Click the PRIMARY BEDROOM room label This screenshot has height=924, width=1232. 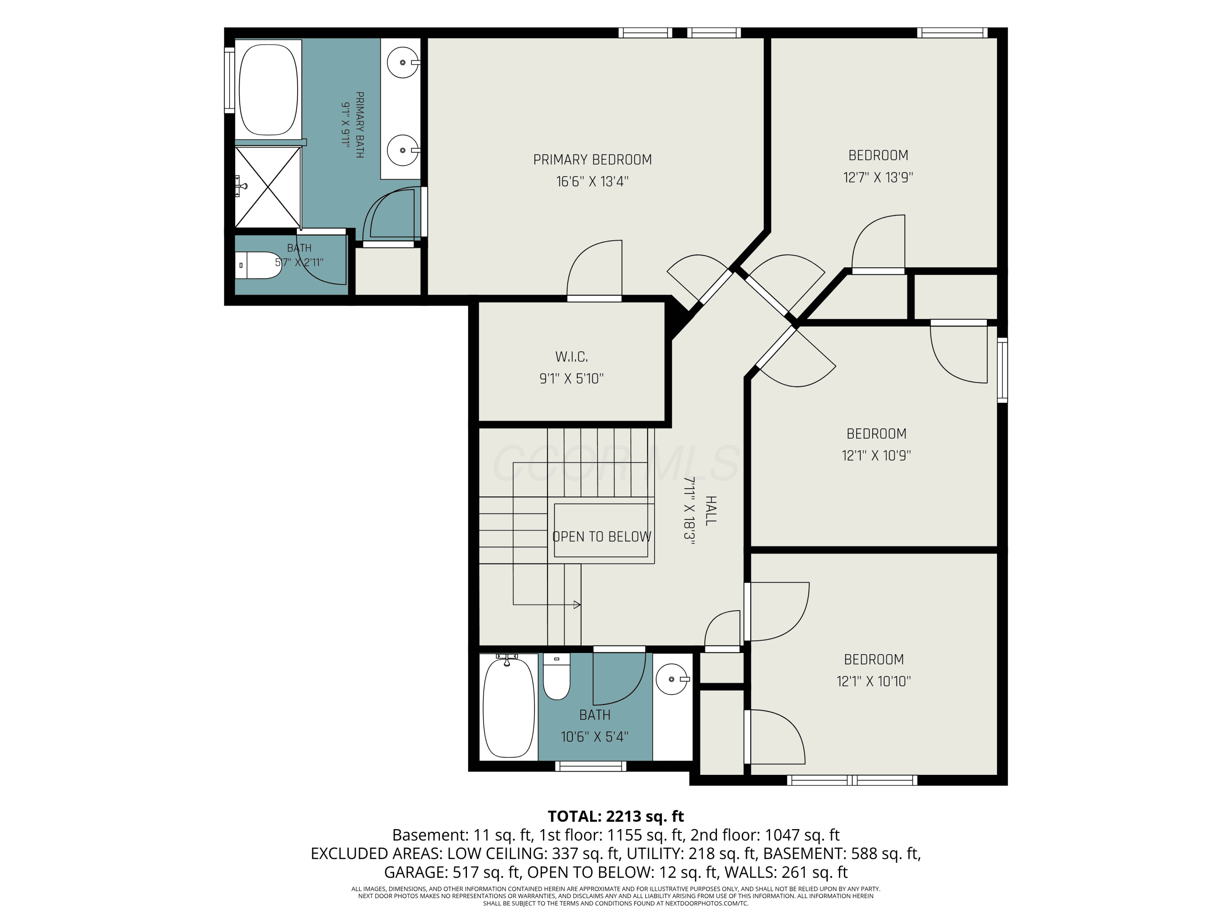point(592,160)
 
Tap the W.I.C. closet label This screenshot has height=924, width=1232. point(572,356)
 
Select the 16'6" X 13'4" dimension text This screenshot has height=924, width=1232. point(592,182)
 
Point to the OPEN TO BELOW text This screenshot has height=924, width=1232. point(602,536)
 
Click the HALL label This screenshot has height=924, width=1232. point(711,511)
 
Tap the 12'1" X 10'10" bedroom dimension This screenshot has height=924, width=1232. point(873,681)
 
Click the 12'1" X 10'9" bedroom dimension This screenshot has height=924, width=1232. point(876,455)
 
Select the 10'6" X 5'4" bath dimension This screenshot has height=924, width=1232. point(594,737)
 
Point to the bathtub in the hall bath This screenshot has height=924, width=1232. point(508,707)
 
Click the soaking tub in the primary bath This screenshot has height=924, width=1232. point(269,89)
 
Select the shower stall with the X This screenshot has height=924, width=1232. point(268,187)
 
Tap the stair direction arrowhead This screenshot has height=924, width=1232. point(577,605)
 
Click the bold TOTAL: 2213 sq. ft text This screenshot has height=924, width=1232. point(616,816)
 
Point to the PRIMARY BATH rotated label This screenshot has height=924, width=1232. point(360,125)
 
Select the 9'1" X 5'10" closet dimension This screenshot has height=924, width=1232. point(572,379)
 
